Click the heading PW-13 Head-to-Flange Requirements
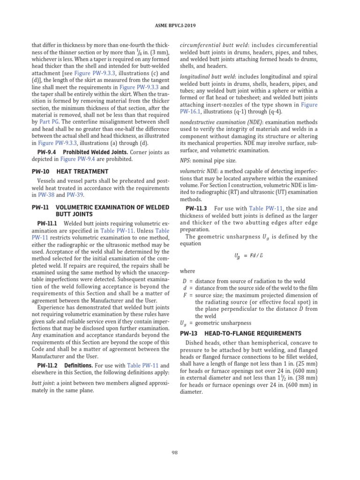coord(241,333)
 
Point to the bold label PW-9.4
coord(46,152)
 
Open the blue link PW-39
coord(75,195)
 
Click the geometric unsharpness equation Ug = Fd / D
coord(248,255)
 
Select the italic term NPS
coord(185,160)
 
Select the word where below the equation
coord(188,271)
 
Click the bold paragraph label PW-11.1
coord(47,224)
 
